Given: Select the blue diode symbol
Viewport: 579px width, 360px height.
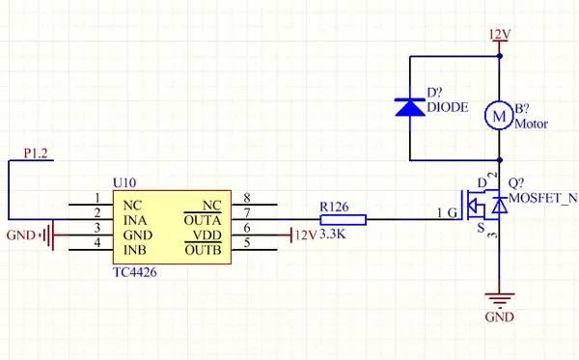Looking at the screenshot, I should click(412, 106).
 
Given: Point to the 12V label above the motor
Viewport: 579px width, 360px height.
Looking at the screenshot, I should click(500, 35).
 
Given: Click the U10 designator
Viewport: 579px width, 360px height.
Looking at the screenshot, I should click(124, 182).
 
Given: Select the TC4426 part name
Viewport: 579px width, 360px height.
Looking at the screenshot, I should click(134, 274).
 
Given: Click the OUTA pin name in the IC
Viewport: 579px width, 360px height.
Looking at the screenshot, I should click(203, 219).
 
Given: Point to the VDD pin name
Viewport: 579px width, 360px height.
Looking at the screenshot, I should click(207, 235).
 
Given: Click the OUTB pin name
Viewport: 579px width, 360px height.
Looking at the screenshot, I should click(203, 252).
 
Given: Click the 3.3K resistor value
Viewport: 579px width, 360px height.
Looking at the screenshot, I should click(332, 235).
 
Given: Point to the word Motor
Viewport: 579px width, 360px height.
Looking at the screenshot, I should click(532, 124).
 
